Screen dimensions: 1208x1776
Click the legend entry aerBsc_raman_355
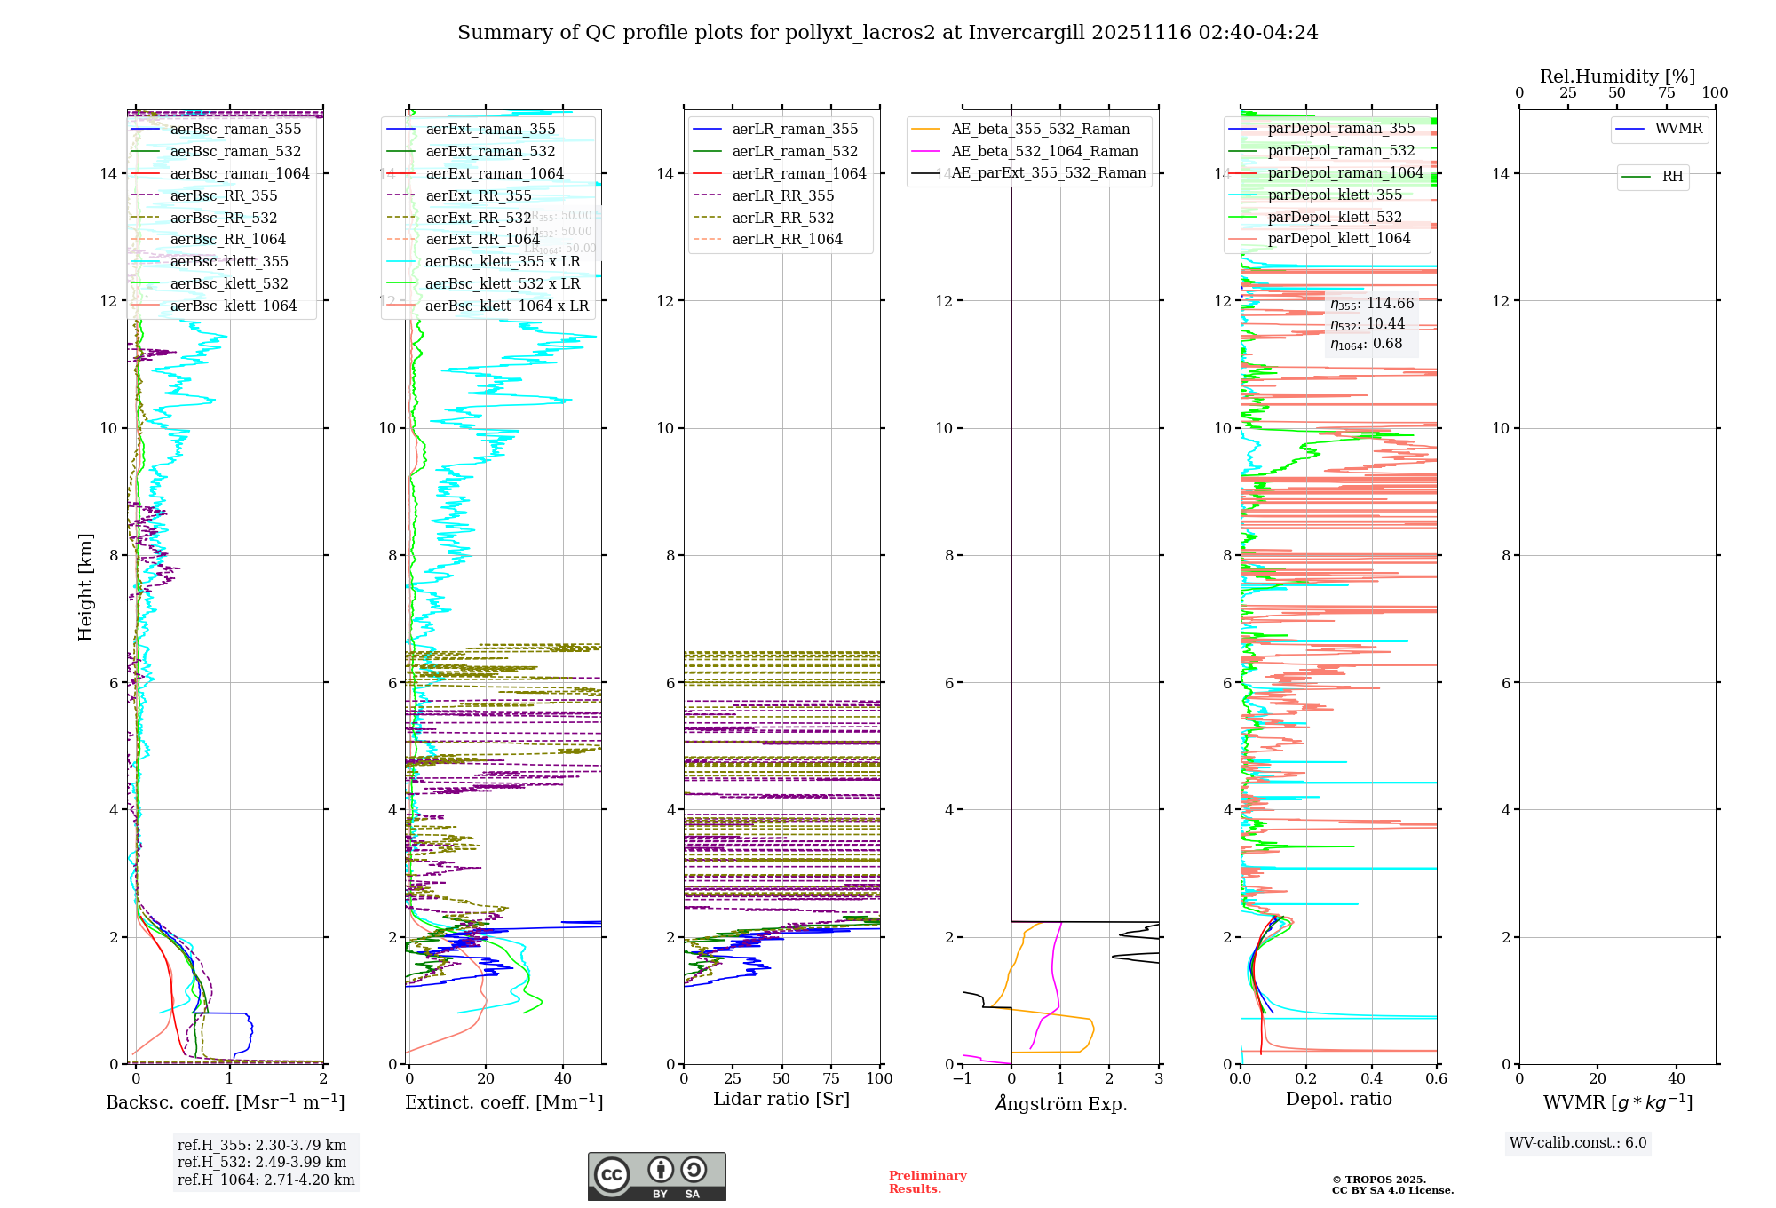[235, 130]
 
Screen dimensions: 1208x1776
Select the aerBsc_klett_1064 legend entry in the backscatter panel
[233, 306]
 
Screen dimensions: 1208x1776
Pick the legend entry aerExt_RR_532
[478, 218]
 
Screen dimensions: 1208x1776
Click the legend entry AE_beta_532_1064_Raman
[1044, 151]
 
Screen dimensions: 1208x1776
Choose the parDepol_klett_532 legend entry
[1334, 217]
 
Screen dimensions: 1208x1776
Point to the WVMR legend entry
[1678, 129]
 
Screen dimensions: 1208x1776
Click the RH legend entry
[1672, 177]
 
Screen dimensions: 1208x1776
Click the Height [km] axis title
[85, 586]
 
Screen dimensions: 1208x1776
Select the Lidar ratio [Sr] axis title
[781, 1099]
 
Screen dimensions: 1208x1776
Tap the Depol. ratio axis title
[1338, 1099]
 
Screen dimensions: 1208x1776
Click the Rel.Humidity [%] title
[1617, 76]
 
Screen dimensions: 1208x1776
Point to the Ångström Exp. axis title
[1060, 1103]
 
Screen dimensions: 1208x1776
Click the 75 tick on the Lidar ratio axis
[831, 1078]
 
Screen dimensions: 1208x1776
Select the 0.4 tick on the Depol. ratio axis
[1371, 1078]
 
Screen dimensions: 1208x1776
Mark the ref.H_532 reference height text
[262, 1162]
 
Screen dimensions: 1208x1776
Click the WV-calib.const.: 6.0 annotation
[1578, 1143]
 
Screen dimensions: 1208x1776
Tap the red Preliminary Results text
[927, 1181]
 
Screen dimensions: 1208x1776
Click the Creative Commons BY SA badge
[656, 1176]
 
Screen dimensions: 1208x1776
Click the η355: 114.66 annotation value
[1371, 304]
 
